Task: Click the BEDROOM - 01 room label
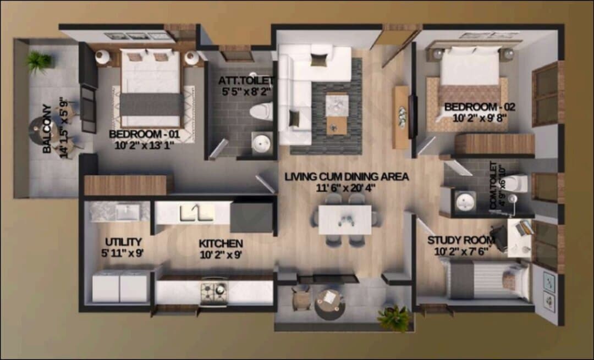tap(144, 135)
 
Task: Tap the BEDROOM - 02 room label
tap(480, 107)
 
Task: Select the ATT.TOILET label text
tap(245, 81)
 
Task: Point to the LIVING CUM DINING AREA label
tap(346, 177)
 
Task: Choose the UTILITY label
tap(124, 242)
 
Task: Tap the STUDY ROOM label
tap(461, 240)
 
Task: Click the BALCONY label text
tap(47, 129)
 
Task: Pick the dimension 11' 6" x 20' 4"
tap(345, 188)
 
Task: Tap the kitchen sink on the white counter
tap(196, 213)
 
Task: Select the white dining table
tap(345, 219)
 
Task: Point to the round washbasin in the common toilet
tap(465, 201)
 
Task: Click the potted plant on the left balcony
tap(39, 61)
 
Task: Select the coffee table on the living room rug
tap(337, 113)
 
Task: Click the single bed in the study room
tap(487, 280)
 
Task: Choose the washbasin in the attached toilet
tap(261, 143)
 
